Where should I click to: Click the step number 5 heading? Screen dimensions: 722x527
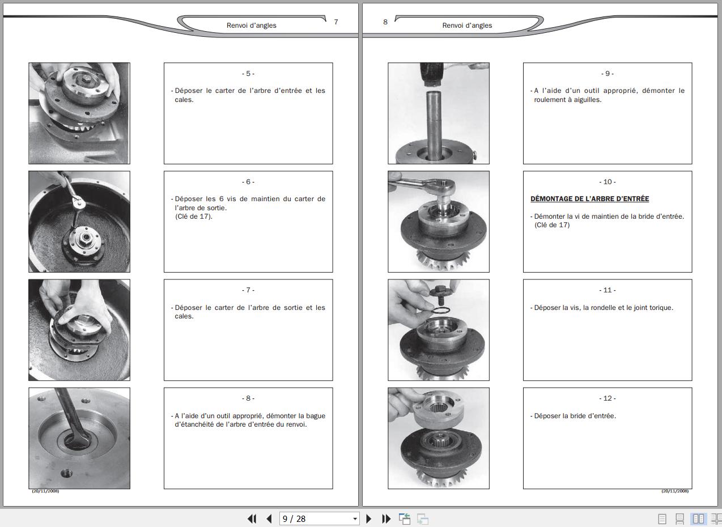pyautogui.click(x=248, y=74)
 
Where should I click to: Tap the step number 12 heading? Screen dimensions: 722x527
pyautogui.click(x=608, y=398)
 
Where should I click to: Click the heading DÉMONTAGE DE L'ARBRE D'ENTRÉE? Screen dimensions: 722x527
pyautogui.click(x=589, y=198)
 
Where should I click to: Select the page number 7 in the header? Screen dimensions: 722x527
pyautogui.click(x=336, y=22)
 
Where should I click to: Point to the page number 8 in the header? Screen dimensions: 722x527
pyautogui.click(x=385, y=22)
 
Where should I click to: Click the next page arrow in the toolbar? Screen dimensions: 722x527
pyautogui.click(x=369, y=518)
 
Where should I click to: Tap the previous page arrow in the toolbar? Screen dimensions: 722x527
pyautogui.click(x=269, y=518)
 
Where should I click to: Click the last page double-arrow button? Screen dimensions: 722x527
pyautogui.click(x=386, y=518)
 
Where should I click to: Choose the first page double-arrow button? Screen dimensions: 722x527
pyautogui.click(x=252, y=518)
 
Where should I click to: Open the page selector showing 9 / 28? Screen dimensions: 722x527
pyautogui.click(x=319, y=518)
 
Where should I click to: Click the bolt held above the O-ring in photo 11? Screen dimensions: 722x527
pyautogui.click(x=439, y=294)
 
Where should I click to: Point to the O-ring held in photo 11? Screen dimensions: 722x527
pyautogui.click(x=440, y=311)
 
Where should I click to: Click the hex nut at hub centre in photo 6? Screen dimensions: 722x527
pyautogui.click(x=86, y=238)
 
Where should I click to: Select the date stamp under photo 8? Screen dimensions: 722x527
pyautogui.click(x=45, y=491)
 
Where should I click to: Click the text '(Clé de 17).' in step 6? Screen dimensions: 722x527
pyautogui.click(x=194, y=216)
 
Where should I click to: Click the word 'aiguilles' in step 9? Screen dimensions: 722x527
pyautogui.click(x=589, y=100)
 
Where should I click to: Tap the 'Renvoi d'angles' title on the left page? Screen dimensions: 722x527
pyautogui.click(x=252, y=25)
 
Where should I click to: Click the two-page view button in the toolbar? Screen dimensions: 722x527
pyautogui.click(x=698, y=518)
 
